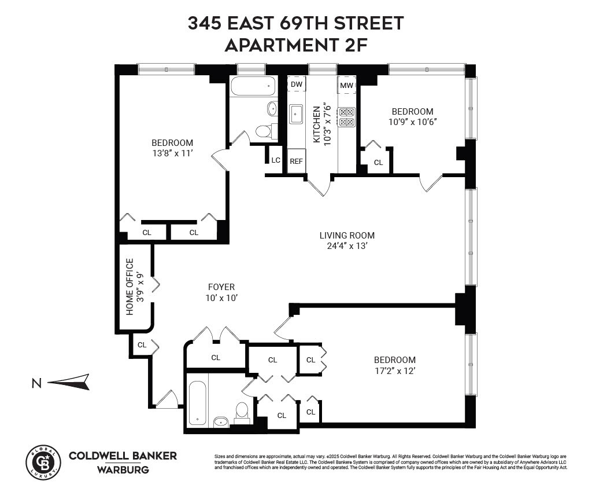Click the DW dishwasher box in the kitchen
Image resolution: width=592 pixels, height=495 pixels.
pos(297,85)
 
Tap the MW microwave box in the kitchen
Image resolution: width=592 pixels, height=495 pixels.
pos(346,86)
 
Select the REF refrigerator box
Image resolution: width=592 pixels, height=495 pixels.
pos(296,162)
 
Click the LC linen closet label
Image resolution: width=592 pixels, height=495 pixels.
pos(276,160)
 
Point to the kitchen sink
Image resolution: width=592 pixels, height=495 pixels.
pos(297,114)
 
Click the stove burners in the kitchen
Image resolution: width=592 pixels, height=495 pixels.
pos(346,117)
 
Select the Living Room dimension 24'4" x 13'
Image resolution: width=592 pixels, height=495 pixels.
pos(347,245)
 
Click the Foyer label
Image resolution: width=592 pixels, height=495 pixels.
pos(221,287)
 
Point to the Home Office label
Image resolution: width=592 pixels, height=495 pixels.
pos(130,286)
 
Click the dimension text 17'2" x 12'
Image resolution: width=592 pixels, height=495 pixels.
pos(394,371)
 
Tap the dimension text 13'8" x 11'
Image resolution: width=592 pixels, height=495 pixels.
pos(172,153)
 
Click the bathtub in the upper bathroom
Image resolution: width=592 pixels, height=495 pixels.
pos(253,87)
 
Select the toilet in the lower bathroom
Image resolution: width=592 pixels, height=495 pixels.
pos(242,411)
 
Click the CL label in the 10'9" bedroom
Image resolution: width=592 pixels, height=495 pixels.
pos(378,163)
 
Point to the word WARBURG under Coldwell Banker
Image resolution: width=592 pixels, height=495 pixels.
pos(122,470)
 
